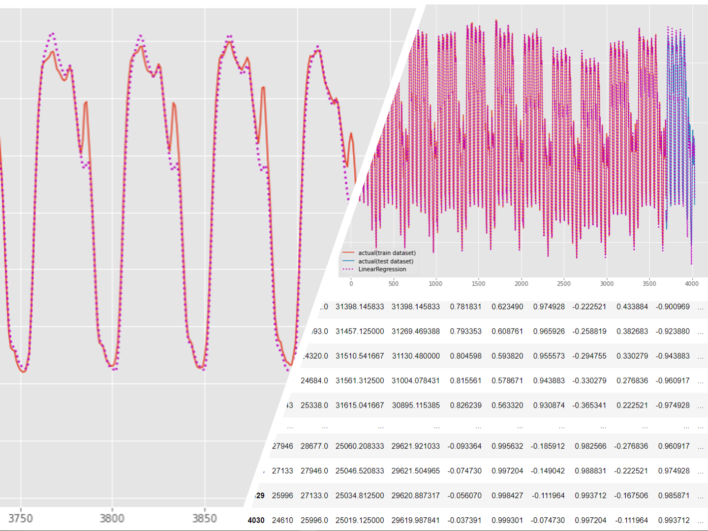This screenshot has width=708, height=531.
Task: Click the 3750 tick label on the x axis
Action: pos(20,518)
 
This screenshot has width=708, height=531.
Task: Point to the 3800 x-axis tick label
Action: pos(112,518)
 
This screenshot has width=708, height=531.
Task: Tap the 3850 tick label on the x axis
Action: pos(204,518)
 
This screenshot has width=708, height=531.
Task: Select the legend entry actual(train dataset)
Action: pos(387,253)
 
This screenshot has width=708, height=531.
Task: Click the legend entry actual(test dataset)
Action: pos(386,261)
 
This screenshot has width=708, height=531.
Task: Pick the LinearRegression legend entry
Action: pos(382,269)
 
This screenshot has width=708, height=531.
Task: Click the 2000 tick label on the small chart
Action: pos(521,283)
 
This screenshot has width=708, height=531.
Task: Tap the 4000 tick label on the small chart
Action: pos(691,283)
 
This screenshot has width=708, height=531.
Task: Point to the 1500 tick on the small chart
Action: pos(478,283)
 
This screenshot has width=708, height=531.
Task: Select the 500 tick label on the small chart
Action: pos(394,283)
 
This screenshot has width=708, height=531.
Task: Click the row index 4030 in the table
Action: pos(256,520)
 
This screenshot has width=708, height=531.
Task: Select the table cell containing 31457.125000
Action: pos(360,331)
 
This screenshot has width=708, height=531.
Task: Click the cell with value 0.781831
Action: pos(465,307)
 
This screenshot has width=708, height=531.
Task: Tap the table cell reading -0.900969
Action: pos(673,307)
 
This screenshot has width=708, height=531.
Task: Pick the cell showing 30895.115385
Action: pos(416,405)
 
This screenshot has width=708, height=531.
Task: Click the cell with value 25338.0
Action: pos(314,405)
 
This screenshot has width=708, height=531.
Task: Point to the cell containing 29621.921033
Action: pos(416,446)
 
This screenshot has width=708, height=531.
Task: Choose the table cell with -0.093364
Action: pos(464,446)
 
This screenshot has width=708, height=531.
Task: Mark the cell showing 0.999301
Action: pos(507,520)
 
